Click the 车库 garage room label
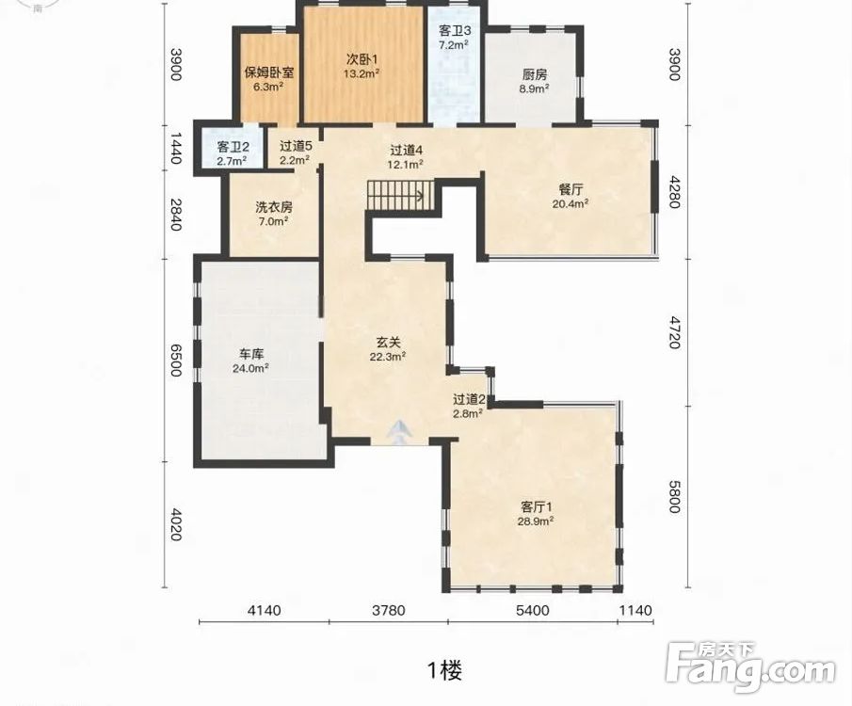click(251, 354)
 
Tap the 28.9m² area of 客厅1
click(536, 521)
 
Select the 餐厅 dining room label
click(571, 190)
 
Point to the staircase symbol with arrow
click(400, 195)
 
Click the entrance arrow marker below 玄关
click(400, 433)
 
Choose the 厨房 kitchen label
click(534, 74)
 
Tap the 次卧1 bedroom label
click(362, 58)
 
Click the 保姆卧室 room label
click(269, 72)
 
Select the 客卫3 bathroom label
click(455, 30)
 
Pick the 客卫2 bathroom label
click(233, 147)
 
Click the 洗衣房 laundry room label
click(274, 207)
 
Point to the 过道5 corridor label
click(296, 146)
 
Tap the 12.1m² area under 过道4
click(405, 164)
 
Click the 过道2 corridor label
click(469, 399)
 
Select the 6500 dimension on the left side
click(175, 360)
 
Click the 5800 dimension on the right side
click(674, 496)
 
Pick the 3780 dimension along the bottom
click(389, 610)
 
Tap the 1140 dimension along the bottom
click(635, 610)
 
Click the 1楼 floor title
click(444, 671)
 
